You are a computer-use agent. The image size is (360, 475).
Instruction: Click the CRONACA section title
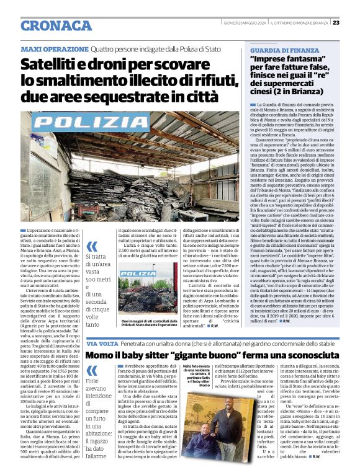(56, 25)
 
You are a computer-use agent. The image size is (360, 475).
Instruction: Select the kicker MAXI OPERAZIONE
(54, 48)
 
